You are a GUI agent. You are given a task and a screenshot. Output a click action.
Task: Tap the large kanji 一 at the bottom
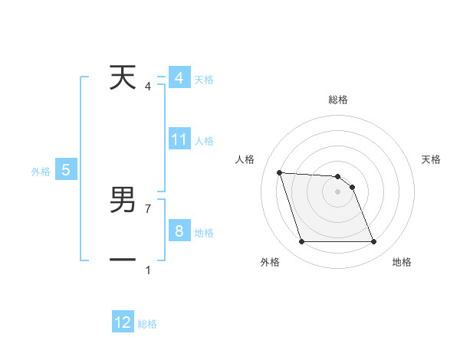[x=123, y=260]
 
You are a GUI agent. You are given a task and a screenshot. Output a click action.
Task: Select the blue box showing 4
[x=179, y=78]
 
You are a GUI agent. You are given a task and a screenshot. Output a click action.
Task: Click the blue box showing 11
[x=179, y=139]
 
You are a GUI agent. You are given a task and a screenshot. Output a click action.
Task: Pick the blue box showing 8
[x=179, y=231]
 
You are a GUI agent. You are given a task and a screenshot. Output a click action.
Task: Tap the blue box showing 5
[x=66, y=170]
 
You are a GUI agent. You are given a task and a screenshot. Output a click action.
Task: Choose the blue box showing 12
[x=123, y=322]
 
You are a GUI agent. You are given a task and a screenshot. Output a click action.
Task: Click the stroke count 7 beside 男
[x=148, y=208]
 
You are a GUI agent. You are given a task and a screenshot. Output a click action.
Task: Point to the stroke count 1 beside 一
[x=148, y=270]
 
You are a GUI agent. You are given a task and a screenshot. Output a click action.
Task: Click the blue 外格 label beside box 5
[x=41, y=172]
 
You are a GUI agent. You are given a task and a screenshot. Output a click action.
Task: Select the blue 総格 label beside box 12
[x=147, y=324]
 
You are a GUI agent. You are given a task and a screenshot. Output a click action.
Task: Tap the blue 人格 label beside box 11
[x=204, y=141]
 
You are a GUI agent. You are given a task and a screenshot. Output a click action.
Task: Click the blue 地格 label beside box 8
[x=204, y=233]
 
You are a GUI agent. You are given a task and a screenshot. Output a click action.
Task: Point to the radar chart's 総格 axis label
[x=338, y=100]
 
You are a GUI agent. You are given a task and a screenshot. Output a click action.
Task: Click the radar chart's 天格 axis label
[x=432, y=159]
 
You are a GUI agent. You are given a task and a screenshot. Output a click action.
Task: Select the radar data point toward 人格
[x=280, y=172]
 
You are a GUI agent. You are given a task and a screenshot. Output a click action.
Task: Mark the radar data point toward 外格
[x=301, y=242]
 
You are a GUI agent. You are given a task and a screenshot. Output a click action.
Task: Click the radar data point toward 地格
[x=374, y=242]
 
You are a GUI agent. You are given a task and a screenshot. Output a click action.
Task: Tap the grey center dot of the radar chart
[x=338, y=191]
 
